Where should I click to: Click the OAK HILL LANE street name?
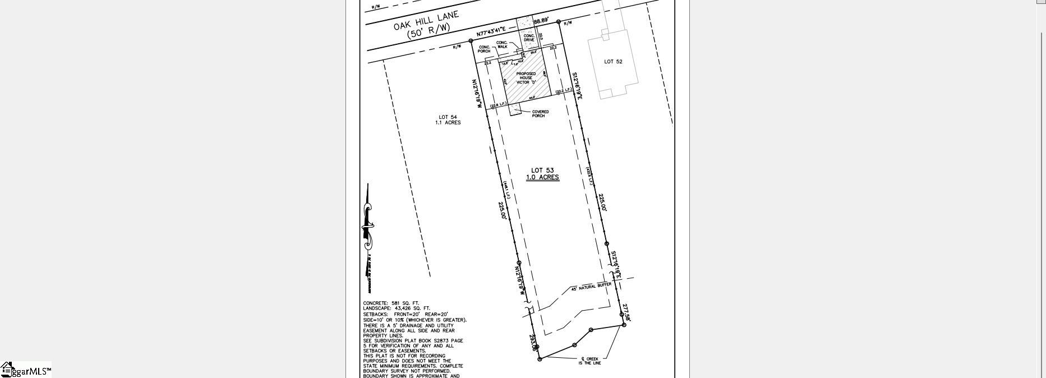426,20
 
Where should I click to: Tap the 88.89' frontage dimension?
541,21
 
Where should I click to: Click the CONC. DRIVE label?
529,38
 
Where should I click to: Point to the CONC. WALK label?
501,44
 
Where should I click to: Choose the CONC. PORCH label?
484,49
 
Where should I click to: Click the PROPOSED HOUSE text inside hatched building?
526,76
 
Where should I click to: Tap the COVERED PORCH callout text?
540,114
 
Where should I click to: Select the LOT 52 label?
613,62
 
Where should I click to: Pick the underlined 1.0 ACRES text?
542,177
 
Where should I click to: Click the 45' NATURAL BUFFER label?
591,287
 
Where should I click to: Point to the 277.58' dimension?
626,312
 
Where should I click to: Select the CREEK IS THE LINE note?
589,361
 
